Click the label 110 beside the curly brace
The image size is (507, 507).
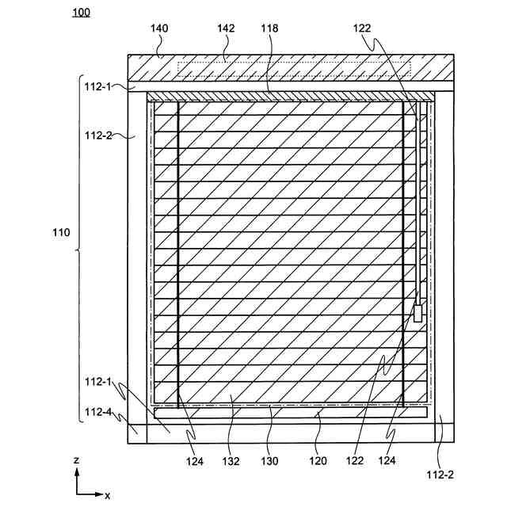click(x=60, y=234)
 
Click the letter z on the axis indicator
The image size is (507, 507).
click(x=75, y=461)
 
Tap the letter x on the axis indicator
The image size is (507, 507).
click(x=107, y=496)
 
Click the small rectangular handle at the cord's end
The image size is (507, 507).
click(x=417, y=314)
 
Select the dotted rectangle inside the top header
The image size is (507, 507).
click(x=293, y=69)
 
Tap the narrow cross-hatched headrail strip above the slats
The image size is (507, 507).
click(x=291, y=97)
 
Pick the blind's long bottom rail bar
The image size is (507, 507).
click(x=291, y=413)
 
